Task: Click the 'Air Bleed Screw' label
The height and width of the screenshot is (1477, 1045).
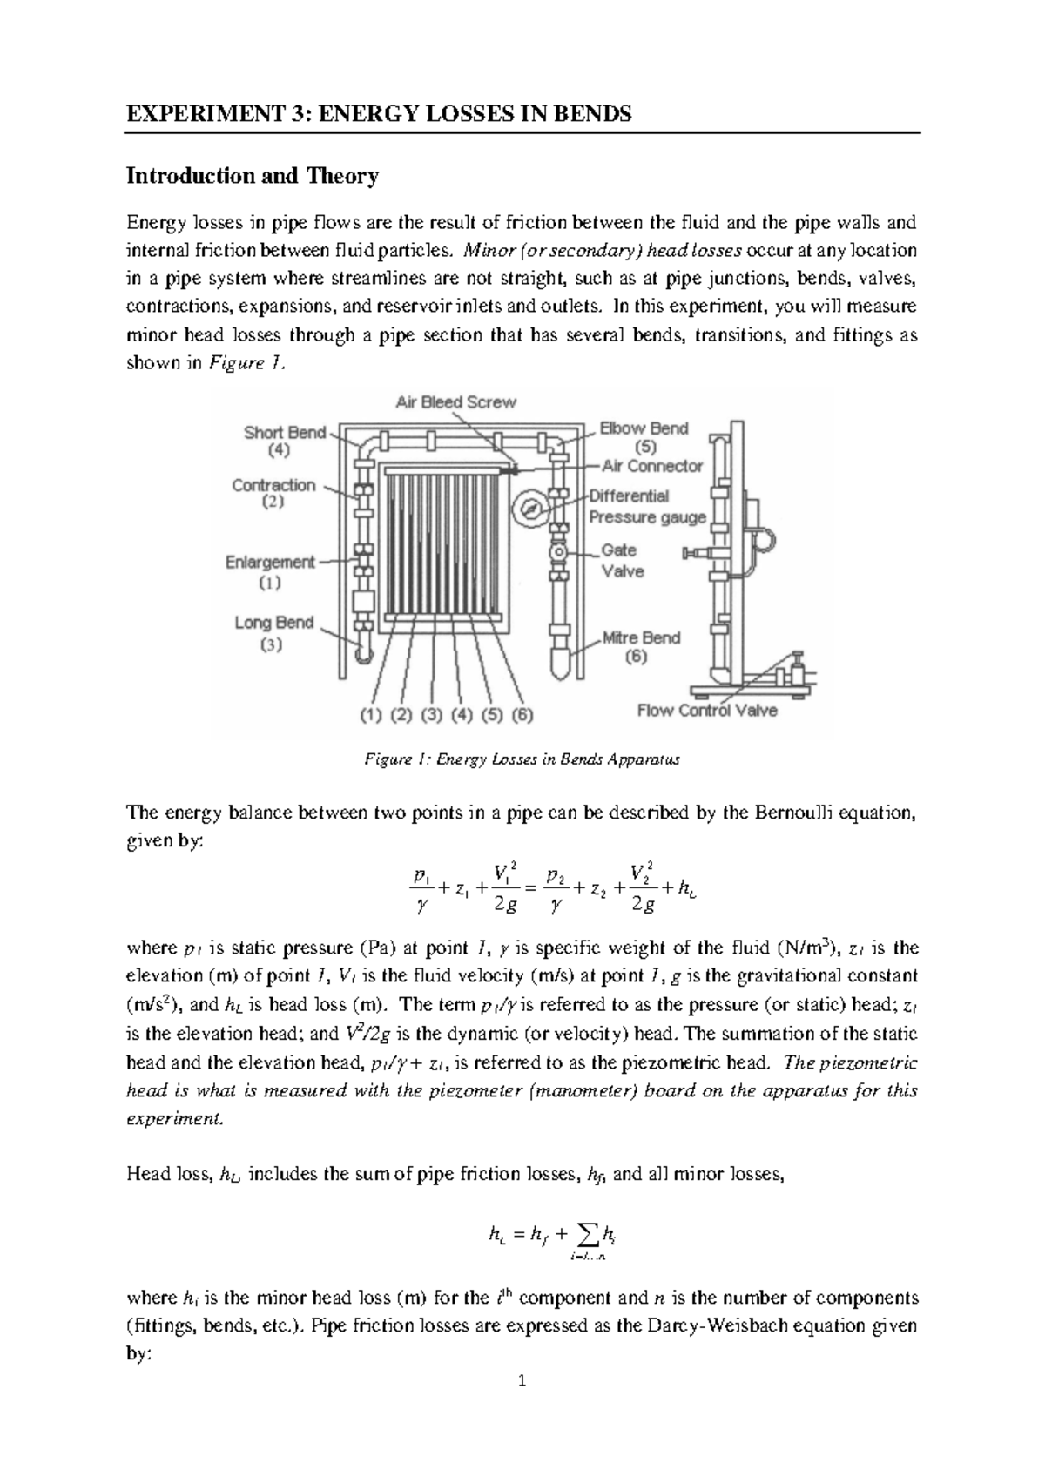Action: click(x=455, y=402)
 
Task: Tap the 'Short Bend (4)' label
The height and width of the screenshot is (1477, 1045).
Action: click(x=285, y=442)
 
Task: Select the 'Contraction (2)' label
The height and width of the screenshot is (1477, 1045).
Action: click(x=273, y=494)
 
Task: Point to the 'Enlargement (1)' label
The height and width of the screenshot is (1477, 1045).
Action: click(x=270, y=571)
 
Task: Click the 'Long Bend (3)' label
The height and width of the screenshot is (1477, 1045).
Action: click(x=273, y=633)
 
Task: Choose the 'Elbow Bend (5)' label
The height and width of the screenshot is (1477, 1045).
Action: click(x=644, y=438)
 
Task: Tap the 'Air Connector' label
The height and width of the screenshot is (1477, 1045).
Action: click(x=651, y=466)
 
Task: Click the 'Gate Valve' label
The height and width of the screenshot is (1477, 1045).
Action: click(x=622, y=561)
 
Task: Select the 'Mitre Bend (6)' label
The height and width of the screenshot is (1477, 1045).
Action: click(x=641, y=646)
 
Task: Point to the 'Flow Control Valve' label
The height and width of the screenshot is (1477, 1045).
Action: click(x=707, y=711)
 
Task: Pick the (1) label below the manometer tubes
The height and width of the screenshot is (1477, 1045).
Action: click(x=372, y=716)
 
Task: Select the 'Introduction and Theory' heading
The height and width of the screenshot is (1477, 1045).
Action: click(x=253, y=177)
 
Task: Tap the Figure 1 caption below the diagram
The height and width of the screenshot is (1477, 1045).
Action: click(x=521, y=759)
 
